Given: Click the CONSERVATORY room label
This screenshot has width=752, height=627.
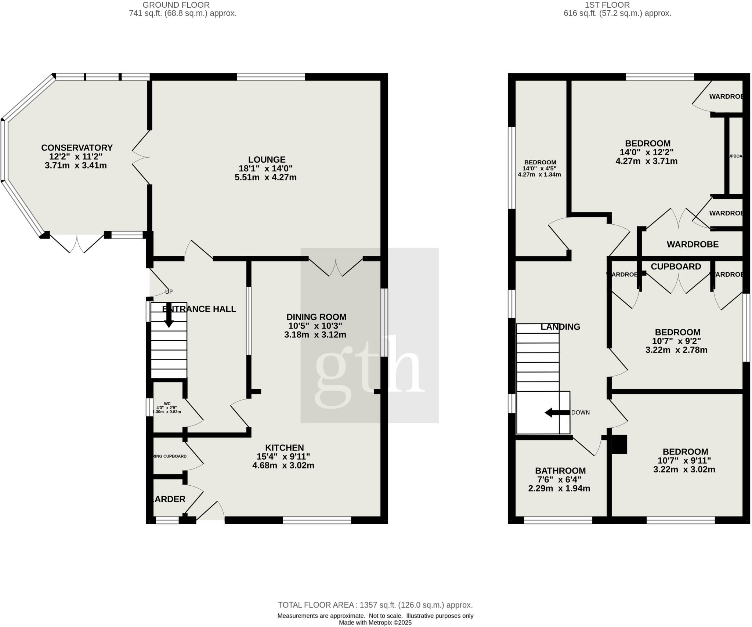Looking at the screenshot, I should [x=77, y=148].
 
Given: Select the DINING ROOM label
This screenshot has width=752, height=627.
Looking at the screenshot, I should [x=316, y=317].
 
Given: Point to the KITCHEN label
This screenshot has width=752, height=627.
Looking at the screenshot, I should [x=285, y=447].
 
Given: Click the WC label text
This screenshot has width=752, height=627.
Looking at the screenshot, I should [x=167, y=403].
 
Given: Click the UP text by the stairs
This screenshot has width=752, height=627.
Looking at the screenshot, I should [x=169, y=292].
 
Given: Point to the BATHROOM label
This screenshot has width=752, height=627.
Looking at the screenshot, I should [x=560, y=471].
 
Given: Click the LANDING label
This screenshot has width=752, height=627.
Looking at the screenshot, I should [x=560, y=327].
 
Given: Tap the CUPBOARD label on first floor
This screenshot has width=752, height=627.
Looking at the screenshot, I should [x=676, y=267].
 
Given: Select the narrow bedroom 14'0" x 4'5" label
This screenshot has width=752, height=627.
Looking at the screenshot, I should [x=540, y=162].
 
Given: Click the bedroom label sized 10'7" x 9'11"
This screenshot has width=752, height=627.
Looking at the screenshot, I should [x=685, y=452].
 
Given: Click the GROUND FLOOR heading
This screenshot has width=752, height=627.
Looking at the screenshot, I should [x=176, y=5].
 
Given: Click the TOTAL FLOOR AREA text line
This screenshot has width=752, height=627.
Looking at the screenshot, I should [x=375, y=605].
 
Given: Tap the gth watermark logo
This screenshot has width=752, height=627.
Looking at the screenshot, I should [x=369, y=372].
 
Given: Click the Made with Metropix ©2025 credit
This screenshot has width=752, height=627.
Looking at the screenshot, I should [x=375, y=623].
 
